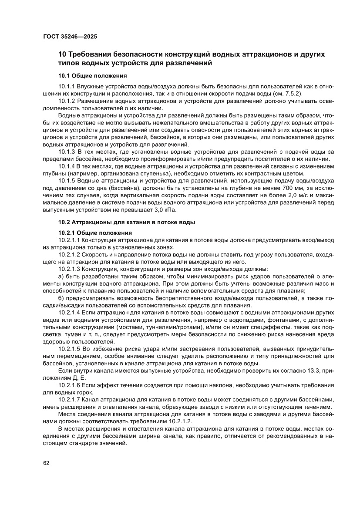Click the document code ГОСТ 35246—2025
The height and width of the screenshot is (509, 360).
click(x=70, y=37)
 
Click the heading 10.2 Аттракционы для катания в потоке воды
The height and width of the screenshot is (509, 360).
click(x=127, y=222)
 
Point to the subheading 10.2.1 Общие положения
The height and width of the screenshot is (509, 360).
click(x=95, y=233)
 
